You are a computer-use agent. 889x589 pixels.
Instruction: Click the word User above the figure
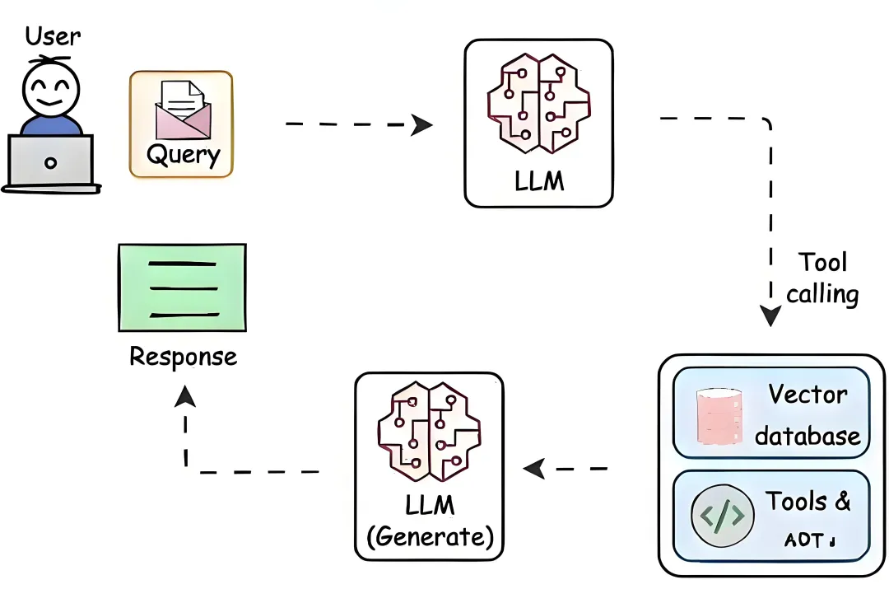coord(54,35)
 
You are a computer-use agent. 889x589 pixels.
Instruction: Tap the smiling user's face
coord(50,89)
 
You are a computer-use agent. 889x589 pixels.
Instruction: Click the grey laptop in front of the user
coord(50,161)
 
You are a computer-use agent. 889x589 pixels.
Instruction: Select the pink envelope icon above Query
coord(181,109)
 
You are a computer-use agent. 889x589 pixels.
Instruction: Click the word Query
coord(184,155)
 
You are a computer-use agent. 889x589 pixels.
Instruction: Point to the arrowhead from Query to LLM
coord(421,124)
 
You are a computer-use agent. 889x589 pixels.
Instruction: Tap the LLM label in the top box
coord(539,180)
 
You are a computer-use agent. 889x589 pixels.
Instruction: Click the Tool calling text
coord(822,278)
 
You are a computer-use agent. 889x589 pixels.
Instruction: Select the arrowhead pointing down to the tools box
coord(770,316)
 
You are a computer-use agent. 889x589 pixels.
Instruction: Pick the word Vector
coord(807,395)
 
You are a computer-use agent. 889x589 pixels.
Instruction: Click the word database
coord(807,436)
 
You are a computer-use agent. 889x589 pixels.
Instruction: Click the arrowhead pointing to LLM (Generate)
coord(534,469)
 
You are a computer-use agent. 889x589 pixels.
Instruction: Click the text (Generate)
coord(430,537)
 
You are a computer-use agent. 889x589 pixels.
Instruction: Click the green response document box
coord(182,287)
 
